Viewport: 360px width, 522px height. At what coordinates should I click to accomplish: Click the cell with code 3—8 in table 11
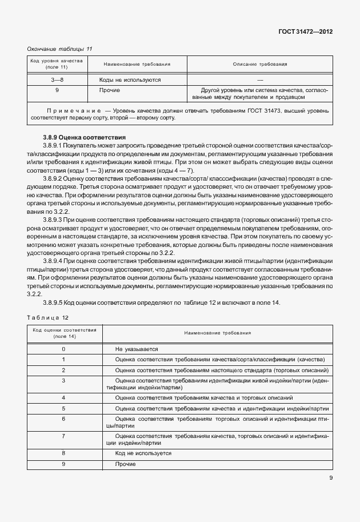point(57,80)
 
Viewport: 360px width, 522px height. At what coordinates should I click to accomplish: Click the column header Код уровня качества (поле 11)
point(57,64)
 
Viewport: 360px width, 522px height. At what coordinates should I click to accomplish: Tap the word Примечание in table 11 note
point(69,109)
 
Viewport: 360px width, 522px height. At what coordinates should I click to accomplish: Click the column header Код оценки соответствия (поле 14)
point(64,333)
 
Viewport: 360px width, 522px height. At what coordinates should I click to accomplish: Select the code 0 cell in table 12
point(63,349)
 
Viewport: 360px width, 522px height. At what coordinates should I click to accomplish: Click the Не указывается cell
point(136,349)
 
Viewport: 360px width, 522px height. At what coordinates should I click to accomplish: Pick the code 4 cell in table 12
point(63,397)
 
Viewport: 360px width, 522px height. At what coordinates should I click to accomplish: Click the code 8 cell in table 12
point(63,453)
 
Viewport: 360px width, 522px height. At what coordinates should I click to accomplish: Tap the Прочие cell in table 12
point(125,464)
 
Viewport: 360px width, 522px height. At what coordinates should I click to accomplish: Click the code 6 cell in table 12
point(63,419)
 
